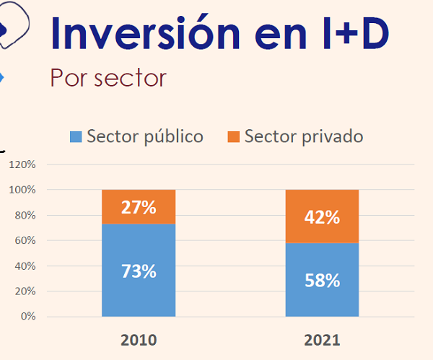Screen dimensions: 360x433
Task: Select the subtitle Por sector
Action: [108, 77]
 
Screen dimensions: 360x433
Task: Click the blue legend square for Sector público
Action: [76, 136]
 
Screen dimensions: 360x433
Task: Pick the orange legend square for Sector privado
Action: [233, 136]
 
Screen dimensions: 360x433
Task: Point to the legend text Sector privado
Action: [304, 136]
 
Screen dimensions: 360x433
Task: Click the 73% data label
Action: [138, 272]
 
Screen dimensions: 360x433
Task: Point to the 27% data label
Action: [138, 208]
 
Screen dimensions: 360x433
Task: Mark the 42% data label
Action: [322, 217]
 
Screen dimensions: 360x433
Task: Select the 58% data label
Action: [322, 281]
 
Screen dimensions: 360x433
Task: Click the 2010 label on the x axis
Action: [138, 340]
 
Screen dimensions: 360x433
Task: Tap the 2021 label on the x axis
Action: [322, 340]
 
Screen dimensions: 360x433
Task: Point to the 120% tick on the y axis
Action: [22, 164]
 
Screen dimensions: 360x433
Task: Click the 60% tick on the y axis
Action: [25, 241]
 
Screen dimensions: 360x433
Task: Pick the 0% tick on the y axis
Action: [27, 317]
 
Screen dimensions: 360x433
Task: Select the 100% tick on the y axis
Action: [22, 190]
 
